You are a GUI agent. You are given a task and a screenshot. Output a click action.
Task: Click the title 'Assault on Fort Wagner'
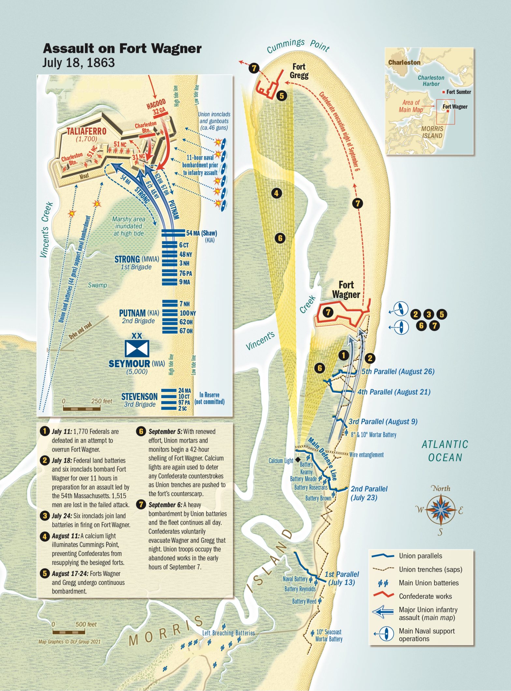coord(122,49)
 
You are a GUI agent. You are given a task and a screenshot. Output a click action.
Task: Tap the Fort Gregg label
coord(299,71)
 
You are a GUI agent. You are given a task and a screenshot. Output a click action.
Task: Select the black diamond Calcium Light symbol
coord(297,460)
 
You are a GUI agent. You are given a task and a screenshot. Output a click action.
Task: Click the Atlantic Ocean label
coord(445,451)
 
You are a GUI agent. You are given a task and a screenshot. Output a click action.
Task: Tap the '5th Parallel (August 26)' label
coord(398,372)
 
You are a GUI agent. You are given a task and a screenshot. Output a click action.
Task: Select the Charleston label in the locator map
coord(404,62)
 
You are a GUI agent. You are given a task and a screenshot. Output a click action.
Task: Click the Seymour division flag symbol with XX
coord(137,348)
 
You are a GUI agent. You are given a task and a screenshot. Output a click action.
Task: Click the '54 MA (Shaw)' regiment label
coord(201,233)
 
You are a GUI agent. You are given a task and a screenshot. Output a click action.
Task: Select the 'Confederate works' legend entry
coord(425,596)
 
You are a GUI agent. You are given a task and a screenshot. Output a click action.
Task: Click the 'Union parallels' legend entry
coord(420,556)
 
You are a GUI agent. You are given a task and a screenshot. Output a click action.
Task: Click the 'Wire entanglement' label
coord(366,455)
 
